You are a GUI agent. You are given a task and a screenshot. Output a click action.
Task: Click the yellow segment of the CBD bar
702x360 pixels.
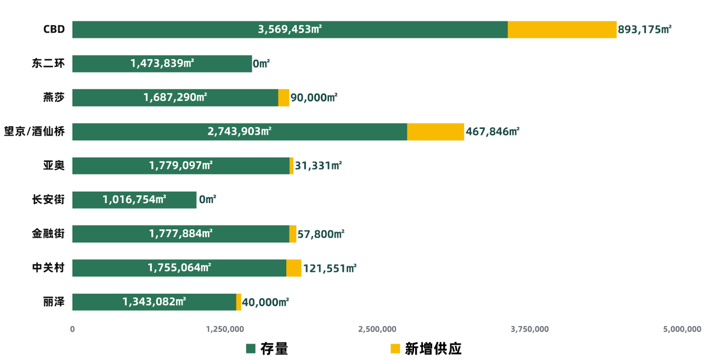pyautogui.click(x=562, y=30)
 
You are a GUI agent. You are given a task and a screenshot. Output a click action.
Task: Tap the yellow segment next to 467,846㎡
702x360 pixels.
pyautogui.click(x=435, y=132)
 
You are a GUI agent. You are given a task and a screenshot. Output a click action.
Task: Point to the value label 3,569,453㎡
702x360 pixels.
pyautogui.click(x=290, y=30)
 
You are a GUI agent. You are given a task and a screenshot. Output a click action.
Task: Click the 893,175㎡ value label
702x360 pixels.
pyautogui.click(x=644, y=30)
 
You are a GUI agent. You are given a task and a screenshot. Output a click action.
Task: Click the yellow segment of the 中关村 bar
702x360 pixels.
pyautogui.click(x=294, y=268)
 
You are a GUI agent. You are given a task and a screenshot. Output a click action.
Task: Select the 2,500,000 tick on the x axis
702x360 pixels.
pyautogui.click(x=377, y=329)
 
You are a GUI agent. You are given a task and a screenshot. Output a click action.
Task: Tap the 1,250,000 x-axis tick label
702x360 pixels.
pyautogui.click(x=225, y=329)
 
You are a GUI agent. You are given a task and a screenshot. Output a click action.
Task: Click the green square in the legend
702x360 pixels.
pyautogui.click(x=251, y=348)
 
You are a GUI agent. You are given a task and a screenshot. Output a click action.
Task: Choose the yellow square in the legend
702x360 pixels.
pyautogui.click(x=395, y=348)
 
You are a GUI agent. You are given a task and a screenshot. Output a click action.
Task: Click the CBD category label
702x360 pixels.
pyautogui.click(x=54, y=30)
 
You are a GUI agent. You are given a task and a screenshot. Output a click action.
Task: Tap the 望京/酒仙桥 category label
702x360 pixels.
pyautogui.click(x=34, y=132)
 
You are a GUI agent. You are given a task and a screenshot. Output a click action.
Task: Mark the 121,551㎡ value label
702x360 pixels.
pyautogui.click(x=329, y=268)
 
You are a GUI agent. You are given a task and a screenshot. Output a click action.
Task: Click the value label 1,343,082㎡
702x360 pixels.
pyautogui.click(x=154, y=302)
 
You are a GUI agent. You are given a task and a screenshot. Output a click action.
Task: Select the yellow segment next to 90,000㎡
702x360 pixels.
pyautogui.click(x=284, y=98)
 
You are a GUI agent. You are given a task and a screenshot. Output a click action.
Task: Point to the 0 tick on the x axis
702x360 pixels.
pyautogui.click(x=72, y=329)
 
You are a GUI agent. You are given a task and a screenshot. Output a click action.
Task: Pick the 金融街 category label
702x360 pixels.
pyautogui.click(x=48, y=234)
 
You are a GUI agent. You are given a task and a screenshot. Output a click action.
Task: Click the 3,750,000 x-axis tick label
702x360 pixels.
pyautogui.click(x=529, y=329)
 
